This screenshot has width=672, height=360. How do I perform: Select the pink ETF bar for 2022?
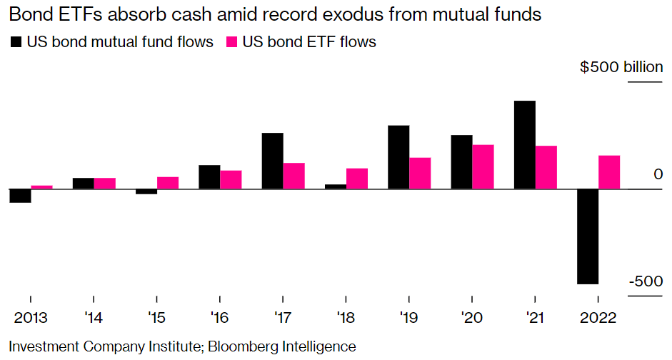[x=609, y=172]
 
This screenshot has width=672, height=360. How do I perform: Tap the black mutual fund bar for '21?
[x=525, y=145]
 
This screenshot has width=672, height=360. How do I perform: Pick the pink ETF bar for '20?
[x=483, y=167]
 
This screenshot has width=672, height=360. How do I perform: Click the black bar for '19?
[x=398, y=157]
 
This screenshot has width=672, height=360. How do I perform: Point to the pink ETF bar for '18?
[x=357, y=179]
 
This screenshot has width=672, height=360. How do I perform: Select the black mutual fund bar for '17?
[x=273, y=161]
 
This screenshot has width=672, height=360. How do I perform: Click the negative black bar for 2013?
[x=20, y=196]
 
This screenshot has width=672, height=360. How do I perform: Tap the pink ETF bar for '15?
[x=168, y=183]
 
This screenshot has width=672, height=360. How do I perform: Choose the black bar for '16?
[x=209, y=177]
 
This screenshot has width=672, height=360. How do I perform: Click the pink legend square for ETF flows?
[x=231, y=42]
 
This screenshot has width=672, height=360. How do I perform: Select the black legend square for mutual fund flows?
[x=16, y=42]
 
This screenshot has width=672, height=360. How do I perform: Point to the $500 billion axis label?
[x=621, y=67]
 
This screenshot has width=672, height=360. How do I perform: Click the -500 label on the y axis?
[x=646, y=281]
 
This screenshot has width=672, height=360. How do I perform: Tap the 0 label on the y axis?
[x=658, y=174]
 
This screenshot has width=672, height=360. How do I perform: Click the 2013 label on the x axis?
[x=30, y=315]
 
